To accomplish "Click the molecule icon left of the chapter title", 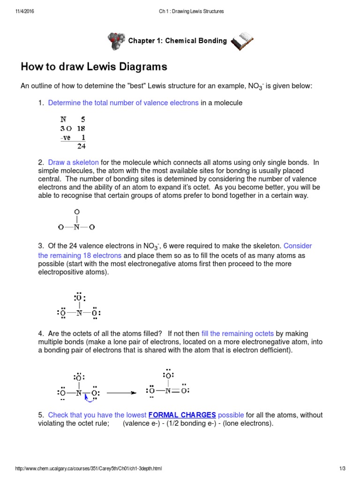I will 116,41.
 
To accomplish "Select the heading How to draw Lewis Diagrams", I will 94,67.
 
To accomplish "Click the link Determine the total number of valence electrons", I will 123,103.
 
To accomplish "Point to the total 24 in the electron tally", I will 81,146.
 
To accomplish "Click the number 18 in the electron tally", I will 81,128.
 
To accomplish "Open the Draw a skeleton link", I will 73,162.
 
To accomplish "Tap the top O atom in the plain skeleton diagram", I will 77,212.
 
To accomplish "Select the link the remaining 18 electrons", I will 80,255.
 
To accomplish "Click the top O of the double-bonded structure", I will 168,375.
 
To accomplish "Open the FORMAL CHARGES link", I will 182,415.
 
